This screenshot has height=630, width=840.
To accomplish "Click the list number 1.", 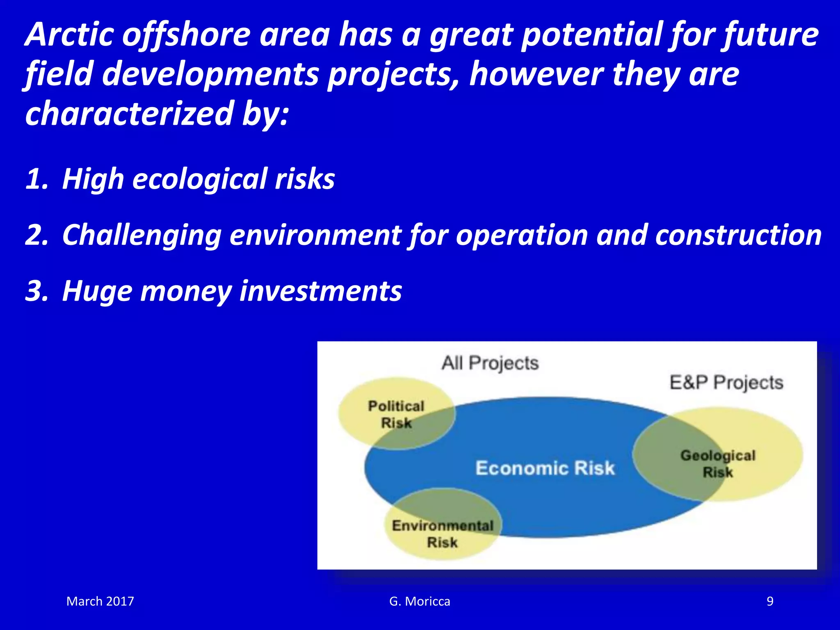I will [37, 179].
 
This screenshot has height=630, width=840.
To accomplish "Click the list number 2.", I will [37, 235].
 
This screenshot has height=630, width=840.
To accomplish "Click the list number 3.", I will [37, 291].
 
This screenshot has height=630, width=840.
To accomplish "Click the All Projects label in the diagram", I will [490, 363].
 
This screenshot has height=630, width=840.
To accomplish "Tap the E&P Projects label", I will [726, 382].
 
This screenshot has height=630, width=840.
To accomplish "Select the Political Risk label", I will [396, 414].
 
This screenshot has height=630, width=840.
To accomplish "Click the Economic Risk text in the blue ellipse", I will [545, 468].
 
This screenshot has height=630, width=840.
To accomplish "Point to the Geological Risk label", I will [718, 464].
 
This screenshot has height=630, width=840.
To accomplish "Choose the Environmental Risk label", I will [442, 534].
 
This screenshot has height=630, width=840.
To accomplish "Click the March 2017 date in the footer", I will [100, 601].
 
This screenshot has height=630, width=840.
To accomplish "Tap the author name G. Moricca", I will [419, 601].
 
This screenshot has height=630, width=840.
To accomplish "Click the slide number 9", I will [770, 601].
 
